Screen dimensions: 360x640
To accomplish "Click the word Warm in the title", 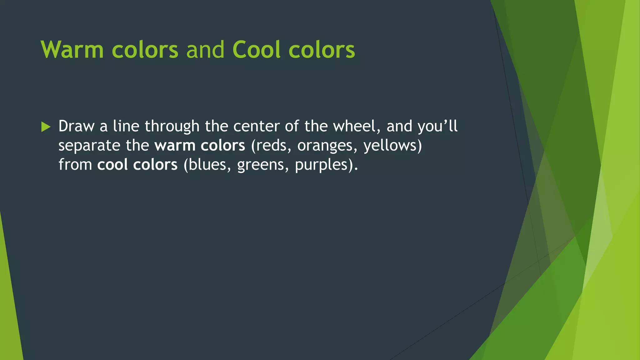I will tap(72, 50).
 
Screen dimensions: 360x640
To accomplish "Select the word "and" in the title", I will tap(205, 50).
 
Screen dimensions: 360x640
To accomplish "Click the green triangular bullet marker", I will tap(46, 127).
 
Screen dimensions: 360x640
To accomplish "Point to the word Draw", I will tap(76, 126).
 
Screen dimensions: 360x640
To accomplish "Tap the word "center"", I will tap(256, 126).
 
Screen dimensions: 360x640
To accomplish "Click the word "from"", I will tap(75, 165).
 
